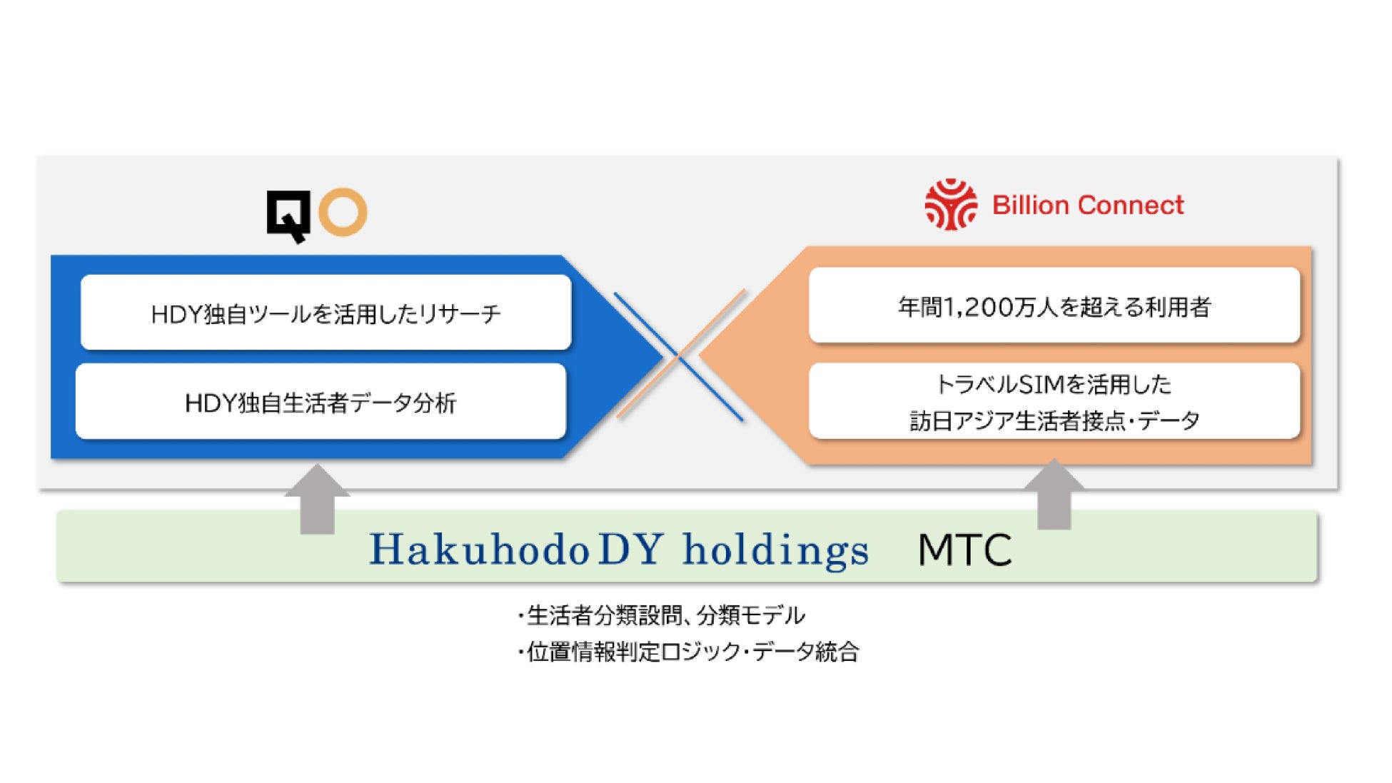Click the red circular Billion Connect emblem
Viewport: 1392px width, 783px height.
point(951,205)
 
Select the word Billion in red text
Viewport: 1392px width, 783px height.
point(1030,206)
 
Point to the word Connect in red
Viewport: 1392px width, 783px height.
point(1131,206)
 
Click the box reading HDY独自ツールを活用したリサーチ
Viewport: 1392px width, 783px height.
point(326,312)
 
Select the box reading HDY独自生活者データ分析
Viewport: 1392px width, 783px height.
point(321,401)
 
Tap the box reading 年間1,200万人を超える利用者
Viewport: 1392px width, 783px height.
point(1054,305)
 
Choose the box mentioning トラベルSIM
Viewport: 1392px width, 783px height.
point(1054,401)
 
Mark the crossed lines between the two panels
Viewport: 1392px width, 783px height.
point(680,355)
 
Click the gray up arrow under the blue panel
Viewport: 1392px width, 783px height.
point(317,499)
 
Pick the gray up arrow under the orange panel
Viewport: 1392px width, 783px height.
point(1054,494)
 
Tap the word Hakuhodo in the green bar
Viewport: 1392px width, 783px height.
point(479,550)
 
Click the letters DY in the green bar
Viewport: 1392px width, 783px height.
point(632,550)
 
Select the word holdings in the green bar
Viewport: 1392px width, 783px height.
point(777,551)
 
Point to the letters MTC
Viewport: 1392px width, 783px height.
point(964,550)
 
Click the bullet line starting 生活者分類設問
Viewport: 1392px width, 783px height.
point(661,615)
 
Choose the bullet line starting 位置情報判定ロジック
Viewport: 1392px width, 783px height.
point(688,651)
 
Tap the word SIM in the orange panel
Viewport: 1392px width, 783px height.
point(1041,385)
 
